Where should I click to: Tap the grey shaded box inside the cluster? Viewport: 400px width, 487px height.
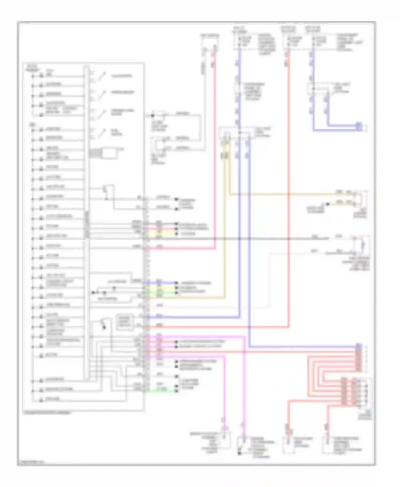[125, 322]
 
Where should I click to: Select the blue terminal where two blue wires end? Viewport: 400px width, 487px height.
[359, 126]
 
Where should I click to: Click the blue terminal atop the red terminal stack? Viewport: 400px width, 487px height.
[359, 346]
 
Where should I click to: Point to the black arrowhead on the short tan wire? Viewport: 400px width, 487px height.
[328, 204]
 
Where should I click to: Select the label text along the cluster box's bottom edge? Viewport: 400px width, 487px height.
[48, 413]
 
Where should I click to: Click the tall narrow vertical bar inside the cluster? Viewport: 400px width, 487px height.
[86, 222]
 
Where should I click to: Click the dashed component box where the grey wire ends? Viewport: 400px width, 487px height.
[362, 244]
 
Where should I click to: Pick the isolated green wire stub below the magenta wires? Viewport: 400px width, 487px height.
[161, 391]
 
